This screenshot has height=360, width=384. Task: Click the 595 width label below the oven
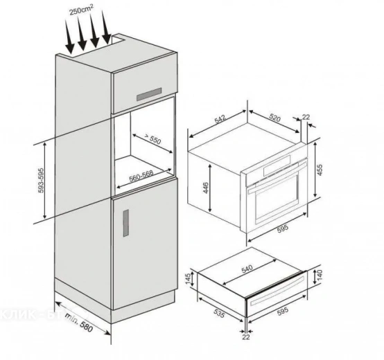pos(283,229)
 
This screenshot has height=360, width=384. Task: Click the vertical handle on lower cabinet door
pos(126,224)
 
